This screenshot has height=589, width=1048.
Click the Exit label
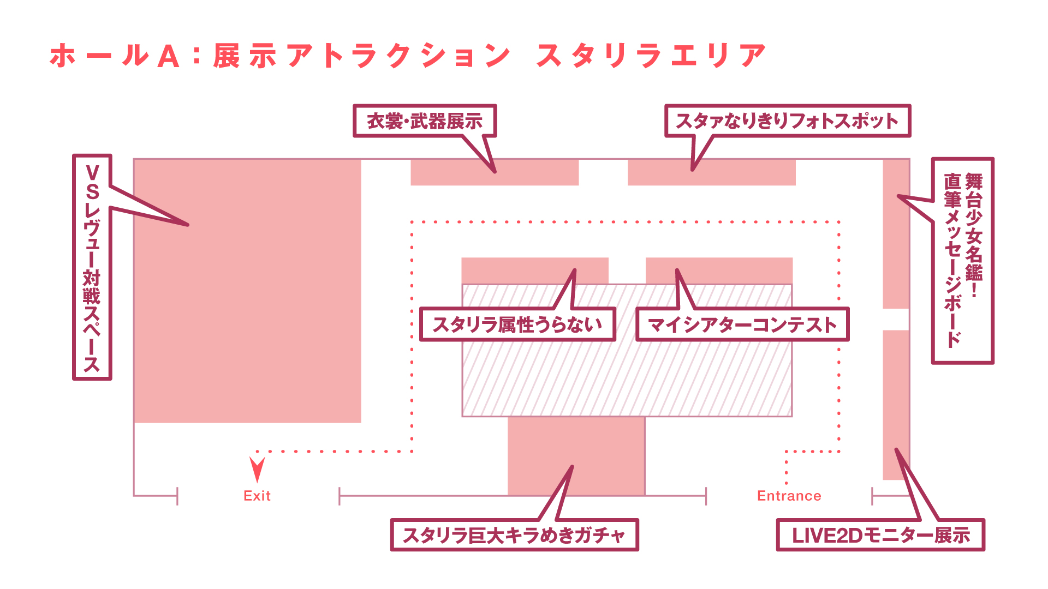click(x=257, y=496)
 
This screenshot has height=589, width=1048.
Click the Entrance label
click(x=789, y=496)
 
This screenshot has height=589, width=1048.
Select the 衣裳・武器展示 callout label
click(x=425, y=121)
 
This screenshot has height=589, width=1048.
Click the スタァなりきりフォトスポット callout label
click(x=788, y=121)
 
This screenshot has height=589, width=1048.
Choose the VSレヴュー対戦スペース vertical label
click(x=92, y=267)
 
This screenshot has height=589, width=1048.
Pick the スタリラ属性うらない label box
click(x=517, y=324)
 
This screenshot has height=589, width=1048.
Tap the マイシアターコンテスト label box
click(x=742, y=324)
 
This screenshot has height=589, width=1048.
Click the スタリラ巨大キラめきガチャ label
click(x=514, y=535)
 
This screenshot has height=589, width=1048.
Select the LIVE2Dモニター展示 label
click(x=880, y=535)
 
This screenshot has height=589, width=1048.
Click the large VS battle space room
click(x=248, y=291)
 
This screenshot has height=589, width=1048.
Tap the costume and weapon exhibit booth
click(x=495, y=172)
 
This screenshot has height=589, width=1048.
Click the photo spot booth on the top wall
click(x=712, y=172)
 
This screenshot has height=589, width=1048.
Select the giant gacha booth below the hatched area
click(x=576, y=456)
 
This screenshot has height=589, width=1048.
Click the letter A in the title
click(x=168, y=56)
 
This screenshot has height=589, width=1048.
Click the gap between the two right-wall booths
click(x=896, y=320)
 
